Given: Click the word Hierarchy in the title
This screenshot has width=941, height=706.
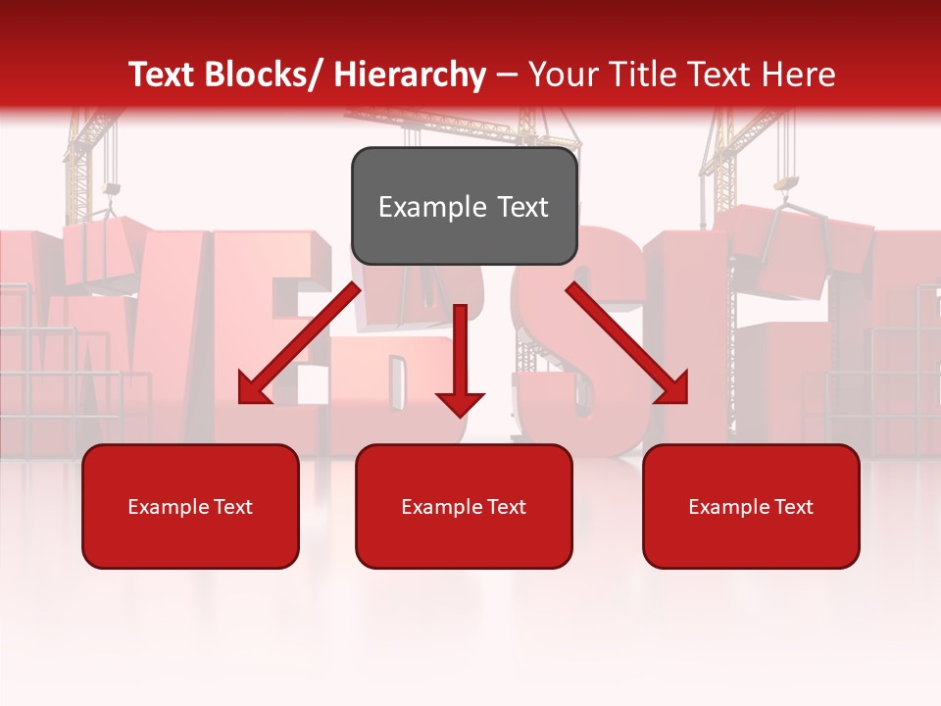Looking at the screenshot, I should pos(410,75).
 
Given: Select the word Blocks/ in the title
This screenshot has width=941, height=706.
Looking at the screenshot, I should pos(267,75).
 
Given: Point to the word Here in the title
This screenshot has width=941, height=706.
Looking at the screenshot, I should pos(796,75).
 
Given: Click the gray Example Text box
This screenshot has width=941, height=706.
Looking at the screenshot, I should pos(464,206).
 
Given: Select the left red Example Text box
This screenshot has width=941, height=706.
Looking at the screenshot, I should pos(190,506).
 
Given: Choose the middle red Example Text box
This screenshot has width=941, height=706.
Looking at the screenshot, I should pos(464,506).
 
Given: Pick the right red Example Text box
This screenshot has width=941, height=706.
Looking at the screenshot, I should pos(751,506).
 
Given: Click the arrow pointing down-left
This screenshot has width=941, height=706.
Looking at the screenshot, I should pos(300,343).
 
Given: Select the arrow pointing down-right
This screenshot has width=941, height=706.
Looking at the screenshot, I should pos(627,343).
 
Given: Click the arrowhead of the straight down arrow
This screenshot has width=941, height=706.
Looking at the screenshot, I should pos(460,403).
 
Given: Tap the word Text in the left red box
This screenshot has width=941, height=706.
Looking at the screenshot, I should pos(233,507).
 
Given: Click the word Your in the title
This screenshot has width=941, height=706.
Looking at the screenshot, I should pos(560,75).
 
